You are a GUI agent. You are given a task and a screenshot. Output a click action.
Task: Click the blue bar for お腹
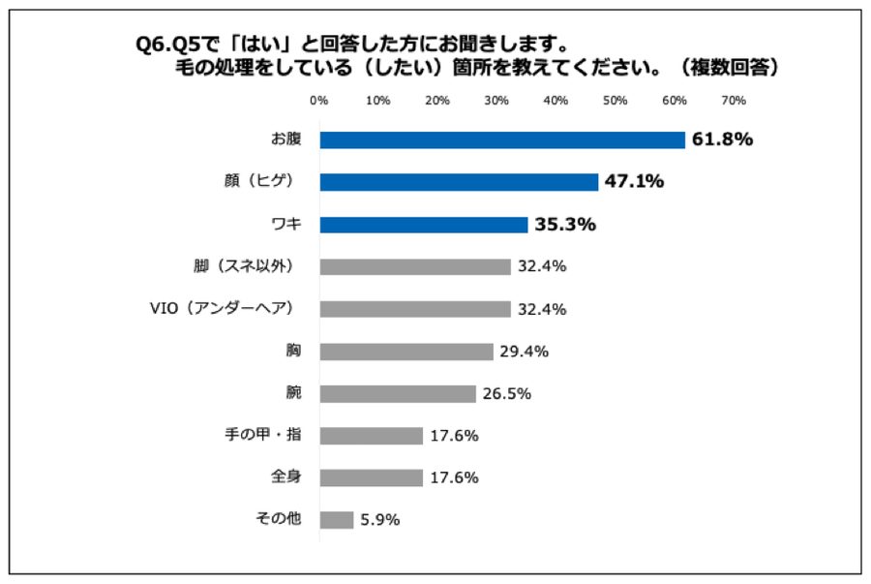502,139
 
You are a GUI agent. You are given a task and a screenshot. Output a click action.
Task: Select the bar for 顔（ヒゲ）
459,181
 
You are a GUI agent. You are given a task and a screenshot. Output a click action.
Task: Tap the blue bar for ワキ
424,225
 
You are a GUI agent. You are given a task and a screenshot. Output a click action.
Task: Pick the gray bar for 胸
406,352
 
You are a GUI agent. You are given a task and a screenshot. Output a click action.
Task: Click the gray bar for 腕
398,393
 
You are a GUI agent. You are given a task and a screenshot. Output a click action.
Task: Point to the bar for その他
337,520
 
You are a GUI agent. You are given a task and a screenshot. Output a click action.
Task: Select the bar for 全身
372,477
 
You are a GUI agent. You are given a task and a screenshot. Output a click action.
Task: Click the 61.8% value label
722,139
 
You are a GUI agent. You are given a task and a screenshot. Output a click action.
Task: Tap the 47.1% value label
635,181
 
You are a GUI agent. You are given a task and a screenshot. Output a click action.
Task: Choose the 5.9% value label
380,520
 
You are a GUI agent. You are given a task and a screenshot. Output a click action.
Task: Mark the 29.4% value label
525,352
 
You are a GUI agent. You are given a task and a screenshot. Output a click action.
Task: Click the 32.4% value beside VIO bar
542,309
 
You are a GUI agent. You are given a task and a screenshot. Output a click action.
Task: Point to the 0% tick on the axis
318,101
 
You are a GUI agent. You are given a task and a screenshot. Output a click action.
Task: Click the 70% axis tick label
733,101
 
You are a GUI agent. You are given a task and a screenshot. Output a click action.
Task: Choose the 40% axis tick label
556,101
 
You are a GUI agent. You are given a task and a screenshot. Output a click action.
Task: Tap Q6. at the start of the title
153,45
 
